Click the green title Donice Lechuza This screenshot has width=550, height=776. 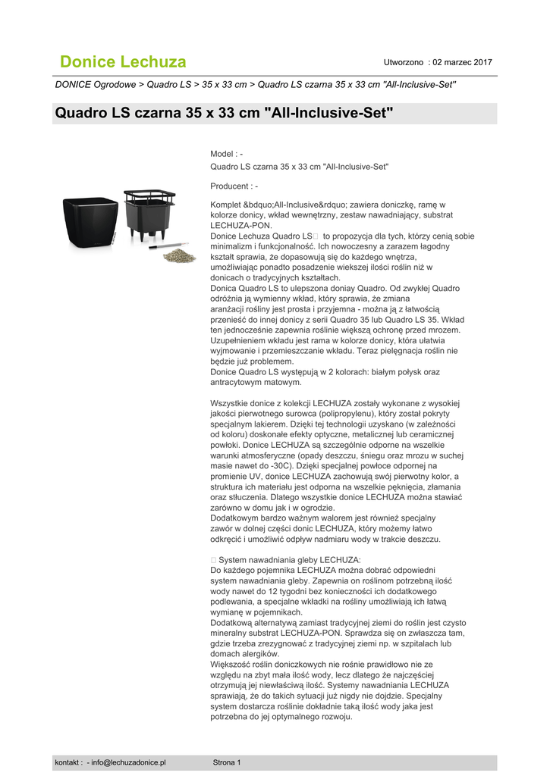[123, 61]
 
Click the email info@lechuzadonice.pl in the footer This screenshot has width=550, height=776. [128, 762]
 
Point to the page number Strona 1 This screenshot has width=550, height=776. [227, 762]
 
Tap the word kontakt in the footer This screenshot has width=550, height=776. [68, 762]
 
